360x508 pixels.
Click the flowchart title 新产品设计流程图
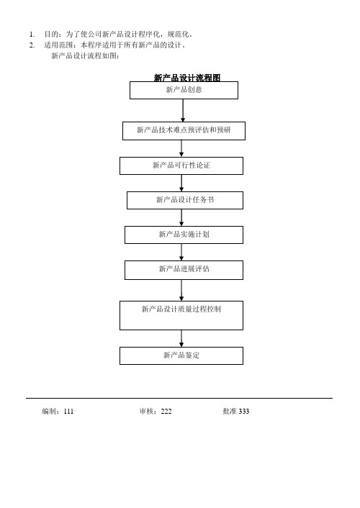pyautogui.click(x=186, y=78)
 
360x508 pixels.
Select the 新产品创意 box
pyautogui.click(x=184, y=90)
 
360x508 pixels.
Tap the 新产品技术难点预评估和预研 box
pyautogui.click(x=184, y=130)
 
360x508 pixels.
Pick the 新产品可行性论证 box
pyautogui.click(x=181, y=165)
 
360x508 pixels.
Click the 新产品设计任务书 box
pyautogui.click(x=185, y=200)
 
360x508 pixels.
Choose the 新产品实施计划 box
pyautogui.click(x=184, y=235)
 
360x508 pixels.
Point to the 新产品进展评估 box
pyautogui.click(x=184, y=269)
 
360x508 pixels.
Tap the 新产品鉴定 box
pyautogui.click(x=181, y=355)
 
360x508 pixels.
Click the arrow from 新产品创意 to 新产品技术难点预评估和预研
pyautogui.click(x=184, y=110)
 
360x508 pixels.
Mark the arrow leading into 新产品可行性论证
pyautogui.click(x=181, y=148)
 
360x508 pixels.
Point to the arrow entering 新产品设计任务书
pyautogui.click(x=181, y=183)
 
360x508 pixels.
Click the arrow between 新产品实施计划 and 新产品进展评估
pyautogui.click(x=181, y=252)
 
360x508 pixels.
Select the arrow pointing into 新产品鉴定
pyautogui.click(x=181, y=337)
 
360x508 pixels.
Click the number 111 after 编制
pyautogui.click(x=68, y=412)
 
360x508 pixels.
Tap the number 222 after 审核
pyautogui.click(x=166, y=412)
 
